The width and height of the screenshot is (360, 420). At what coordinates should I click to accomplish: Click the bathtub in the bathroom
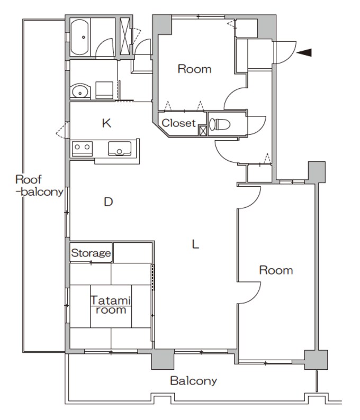[x=79, y=37]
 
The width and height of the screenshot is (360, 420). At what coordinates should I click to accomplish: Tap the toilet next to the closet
[x=220, y=124]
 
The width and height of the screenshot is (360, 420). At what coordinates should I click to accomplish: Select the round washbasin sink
[x=80, y=92]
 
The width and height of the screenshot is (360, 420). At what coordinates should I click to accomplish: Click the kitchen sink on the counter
[x=120, y=149]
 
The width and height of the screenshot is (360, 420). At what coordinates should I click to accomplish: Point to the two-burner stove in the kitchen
[x=82, y=149]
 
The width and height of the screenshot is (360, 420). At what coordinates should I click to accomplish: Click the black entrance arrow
[x=304, y=52]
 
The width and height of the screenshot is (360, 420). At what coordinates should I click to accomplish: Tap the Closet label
[x=178, y=123]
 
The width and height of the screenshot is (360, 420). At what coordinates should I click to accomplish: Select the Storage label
[x=91, y=253]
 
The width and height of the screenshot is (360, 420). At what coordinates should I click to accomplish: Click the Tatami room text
[x=111, y=305]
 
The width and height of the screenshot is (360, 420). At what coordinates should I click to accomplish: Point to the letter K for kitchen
[x=106, y=123]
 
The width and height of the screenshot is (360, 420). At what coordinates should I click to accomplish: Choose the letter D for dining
[x=109, y=202]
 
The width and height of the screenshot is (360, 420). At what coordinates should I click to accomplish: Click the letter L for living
[x=195, y=244]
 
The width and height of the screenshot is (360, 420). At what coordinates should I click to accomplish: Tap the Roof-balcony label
[x=39, y=186]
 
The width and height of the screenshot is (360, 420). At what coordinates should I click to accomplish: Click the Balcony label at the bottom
[x=193, y=381]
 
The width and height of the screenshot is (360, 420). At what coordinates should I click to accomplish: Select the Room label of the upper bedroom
[x=194, y=69]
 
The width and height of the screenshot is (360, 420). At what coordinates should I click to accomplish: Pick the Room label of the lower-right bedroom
[x=276, y=270]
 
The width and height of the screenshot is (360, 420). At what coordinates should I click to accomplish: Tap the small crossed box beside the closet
[x=203, y=131]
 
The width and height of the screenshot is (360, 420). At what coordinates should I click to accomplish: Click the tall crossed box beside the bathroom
[x=124, y=36]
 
